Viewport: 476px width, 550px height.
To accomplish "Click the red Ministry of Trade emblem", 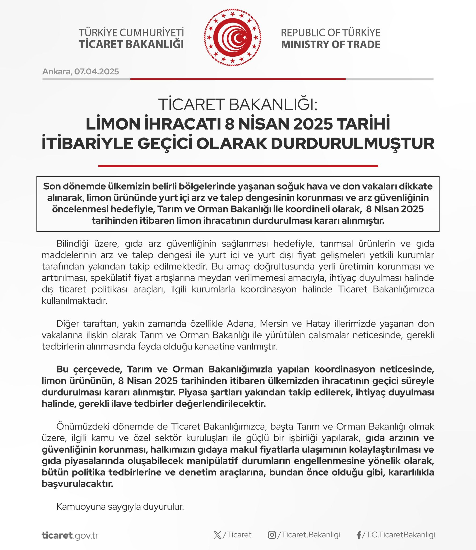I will coord(232,38).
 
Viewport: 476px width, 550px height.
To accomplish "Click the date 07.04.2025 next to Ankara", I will coord(97,72).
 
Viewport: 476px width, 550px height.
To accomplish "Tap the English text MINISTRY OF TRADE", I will coord(331,45).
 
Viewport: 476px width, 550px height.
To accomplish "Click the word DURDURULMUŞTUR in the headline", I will coord(353,144).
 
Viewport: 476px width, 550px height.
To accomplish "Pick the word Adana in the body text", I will coord(240,324).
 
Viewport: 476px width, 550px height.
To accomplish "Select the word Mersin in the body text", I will coord(274,324).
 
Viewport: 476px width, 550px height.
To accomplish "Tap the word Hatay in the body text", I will coord(318,324).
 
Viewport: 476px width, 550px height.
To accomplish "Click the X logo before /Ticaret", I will coord(217,535).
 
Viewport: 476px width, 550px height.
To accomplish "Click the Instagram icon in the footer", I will coord(272,535).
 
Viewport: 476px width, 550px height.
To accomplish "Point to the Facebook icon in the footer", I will coord(359,535).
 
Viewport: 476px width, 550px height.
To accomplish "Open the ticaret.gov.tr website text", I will coord(70,535).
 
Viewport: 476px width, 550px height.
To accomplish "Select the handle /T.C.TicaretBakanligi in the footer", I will coord(398,535).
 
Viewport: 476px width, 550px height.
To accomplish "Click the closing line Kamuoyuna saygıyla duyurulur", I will coord(120,507).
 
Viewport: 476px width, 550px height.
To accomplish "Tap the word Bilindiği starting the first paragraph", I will coord(72,244).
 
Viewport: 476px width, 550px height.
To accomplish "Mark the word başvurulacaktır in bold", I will coord(77,484).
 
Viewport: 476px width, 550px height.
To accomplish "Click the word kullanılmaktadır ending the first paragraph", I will coord(75,301).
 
